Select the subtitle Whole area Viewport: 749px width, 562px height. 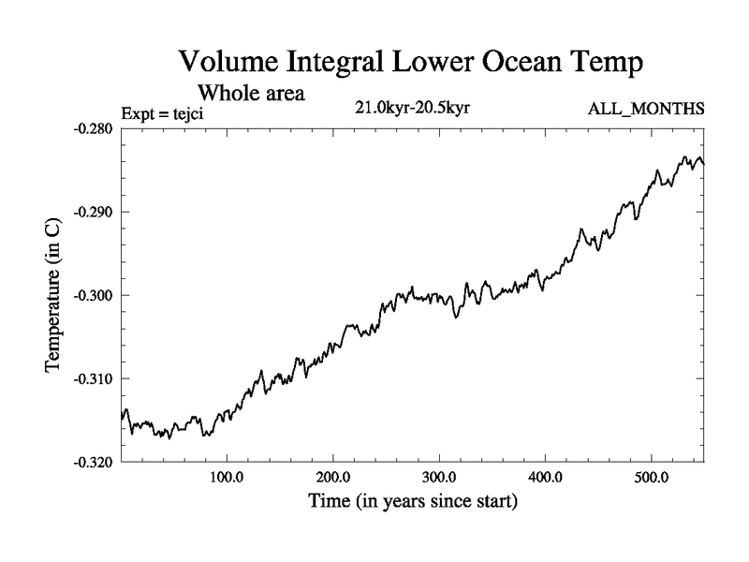251,93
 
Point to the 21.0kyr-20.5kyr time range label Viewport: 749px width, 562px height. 412,108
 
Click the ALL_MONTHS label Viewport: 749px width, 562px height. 646,110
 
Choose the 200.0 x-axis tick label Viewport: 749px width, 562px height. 333,477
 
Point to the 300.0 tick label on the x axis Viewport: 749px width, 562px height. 439,477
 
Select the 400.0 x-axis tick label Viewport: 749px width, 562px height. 545,477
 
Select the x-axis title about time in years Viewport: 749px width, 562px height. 413,501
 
